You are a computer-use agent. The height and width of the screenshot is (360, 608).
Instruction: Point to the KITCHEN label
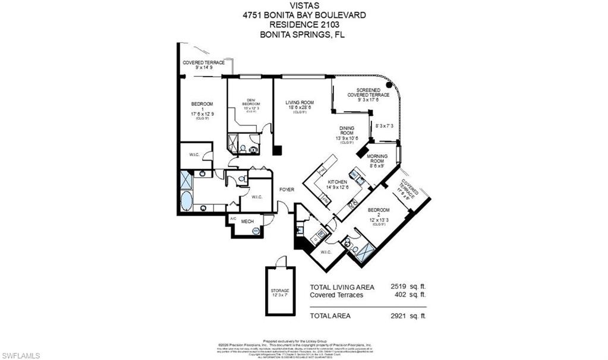pos(336,182)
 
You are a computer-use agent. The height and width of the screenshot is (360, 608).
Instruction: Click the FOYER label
pos(288,190)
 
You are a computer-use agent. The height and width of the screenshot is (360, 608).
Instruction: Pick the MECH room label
pos(248,222)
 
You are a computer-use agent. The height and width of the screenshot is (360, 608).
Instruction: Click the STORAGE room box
pos(280,291)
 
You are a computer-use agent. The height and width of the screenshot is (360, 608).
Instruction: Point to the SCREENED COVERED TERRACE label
pos(373,94)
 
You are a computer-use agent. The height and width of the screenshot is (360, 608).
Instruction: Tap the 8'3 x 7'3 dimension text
pos(385,126)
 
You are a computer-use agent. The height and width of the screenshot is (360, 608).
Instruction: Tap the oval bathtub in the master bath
pos(187,200)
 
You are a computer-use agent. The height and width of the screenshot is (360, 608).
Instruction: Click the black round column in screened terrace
pos(389,85)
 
